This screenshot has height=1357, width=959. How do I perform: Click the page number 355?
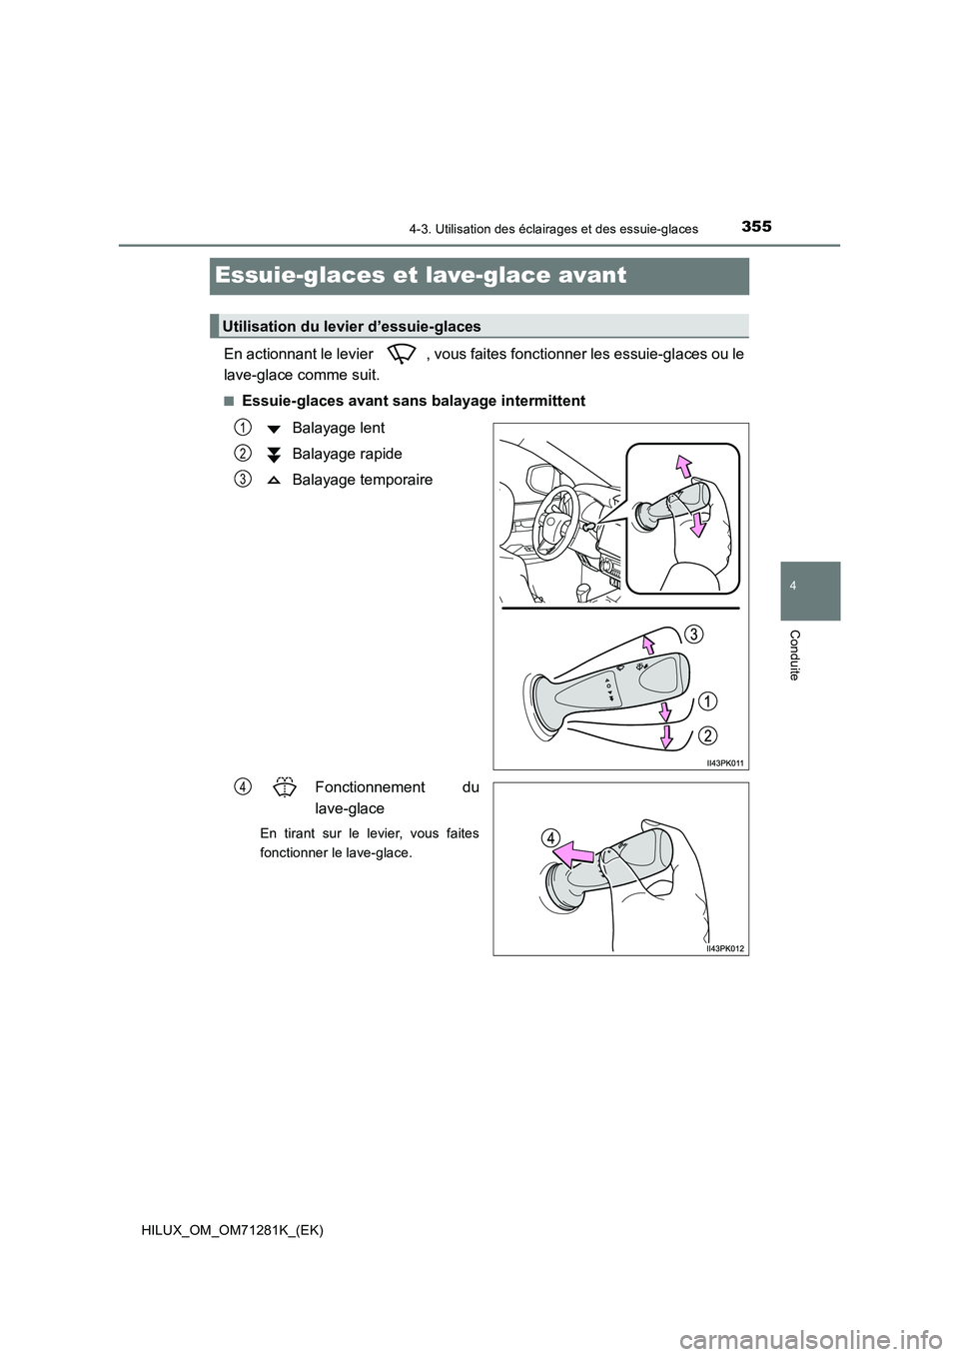tap(756, 226)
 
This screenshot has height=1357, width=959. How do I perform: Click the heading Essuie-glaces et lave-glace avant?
tap(421, 275)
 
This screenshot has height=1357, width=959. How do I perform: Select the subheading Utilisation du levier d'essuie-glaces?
tap(352, 326)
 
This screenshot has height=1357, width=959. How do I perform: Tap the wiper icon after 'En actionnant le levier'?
tap(404, 354)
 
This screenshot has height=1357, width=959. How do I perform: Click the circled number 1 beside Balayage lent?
tap(243, 427)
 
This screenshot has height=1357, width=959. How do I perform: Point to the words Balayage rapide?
tap(347, 454)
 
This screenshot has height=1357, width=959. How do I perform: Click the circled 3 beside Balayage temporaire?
tap(243, 479)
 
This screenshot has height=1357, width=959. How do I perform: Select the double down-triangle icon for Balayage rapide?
tap(274, 455)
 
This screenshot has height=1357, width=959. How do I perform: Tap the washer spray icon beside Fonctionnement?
tap(284, 787)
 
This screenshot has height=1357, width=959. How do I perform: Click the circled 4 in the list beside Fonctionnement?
tap(243, 786)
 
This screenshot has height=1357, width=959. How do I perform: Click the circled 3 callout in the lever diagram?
tap(693, 635)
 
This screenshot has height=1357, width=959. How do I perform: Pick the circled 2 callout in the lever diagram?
tap(707, 735)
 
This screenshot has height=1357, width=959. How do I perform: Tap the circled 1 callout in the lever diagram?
tap(706, 698)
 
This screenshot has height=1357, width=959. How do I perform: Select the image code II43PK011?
tap(725, 761)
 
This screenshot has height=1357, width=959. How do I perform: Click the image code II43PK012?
tap(725, 947)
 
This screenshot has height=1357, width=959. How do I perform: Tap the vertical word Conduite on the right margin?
tap(794, 656)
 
